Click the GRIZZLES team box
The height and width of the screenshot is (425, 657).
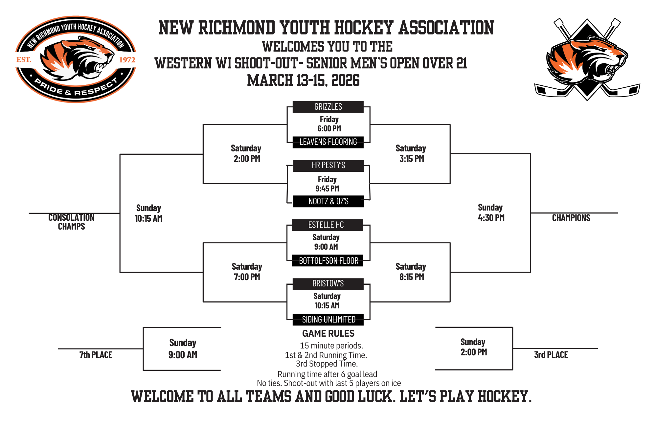click(x=328, y=107)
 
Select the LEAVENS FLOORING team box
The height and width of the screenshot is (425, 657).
click(x=328, y=142)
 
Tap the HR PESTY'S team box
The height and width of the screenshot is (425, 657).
click(x=328, y=166)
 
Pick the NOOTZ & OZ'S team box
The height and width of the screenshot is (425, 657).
click(x=328, y=201)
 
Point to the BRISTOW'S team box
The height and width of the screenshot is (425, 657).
click(x=328, y=284)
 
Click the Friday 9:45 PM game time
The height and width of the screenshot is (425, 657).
click(x=327, y=184)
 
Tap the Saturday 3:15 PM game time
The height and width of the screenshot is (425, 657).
click(x=411, y=153)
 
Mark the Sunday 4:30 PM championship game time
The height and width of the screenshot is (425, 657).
click(x=491, y=212)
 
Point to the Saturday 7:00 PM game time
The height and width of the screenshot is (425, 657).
click(x=247, y=272)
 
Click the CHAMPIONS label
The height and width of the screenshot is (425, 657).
click(x=571, y=218)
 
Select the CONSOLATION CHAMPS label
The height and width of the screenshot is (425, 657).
click(x=71, y=222)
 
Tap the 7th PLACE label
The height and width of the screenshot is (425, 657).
click(x=96, y=355)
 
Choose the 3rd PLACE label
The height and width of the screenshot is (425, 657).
click(x=551, y=355)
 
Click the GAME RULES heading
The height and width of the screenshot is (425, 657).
click(x=328, y=334)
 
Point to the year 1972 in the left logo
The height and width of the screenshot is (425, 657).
click(x=127, y=60)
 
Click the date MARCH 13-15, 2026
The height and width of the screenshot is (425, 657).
click(x=303, y=80)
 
